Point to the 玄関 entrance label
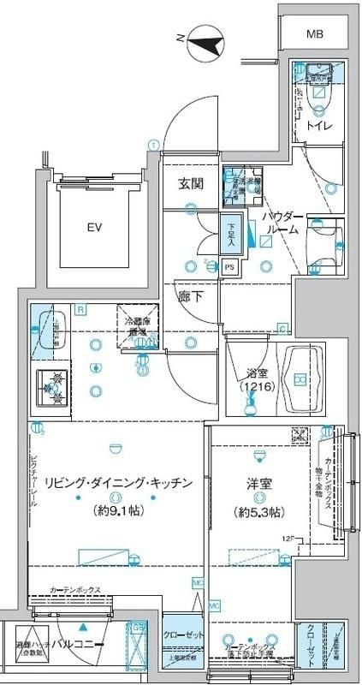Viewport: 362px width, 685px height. [x=190, y=183]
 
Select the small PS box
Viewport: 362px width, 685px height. [x=228, y=267]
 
